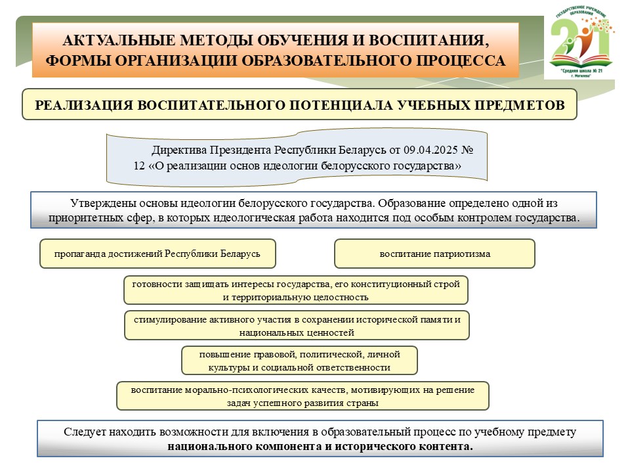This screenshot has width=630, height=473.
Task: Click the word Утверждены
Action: click(98, 204)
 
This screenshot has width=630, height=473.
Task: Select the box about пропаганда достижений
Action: click(157, 254)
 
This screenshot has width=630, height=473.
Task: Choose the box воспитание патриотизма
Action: click(434, 254)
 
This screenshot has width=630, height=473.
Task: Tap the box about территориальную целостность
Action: click(296, 290)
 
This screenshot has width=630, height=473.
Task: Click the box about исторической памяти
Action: click(297, 325)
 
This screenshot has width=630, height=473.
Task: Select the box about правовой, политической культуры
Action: click(299, 360)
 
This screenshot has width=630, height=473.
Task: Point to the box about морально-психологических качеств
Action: click(302, 395)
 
